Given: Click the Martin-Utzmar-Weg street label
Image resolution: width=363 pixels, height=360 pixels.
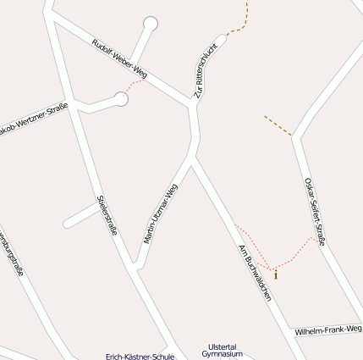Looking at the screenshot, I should click(x=161, y=213).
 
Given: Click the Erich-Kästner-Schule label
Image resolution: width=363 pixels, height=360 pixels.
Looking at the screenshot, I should click(x=140, y=357).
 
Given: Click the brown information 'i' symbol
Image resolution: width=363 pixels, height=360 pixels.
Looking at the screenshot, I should click(x=275, y=274).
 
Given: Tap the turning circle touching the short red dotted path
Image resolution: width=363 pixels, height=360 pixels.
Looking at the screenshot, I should click(x=121, y=99).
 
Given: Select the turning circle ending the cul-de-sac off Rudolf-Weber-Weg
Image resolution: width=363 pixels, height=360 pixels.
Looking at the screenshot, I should click(x=151, y=23).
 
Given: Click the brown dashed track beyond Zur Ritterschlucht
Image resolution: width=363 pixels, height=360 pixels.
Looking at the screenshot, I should click(x=242, y=21).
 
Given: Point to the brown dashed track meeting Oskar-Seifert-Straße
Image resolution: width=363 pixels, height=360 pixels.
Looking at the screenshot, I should click(x=278, y=125).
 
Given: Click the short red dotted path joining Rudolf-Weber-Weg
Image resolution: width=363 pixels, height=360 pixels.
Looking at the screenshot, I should click(x=134, y=85).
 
